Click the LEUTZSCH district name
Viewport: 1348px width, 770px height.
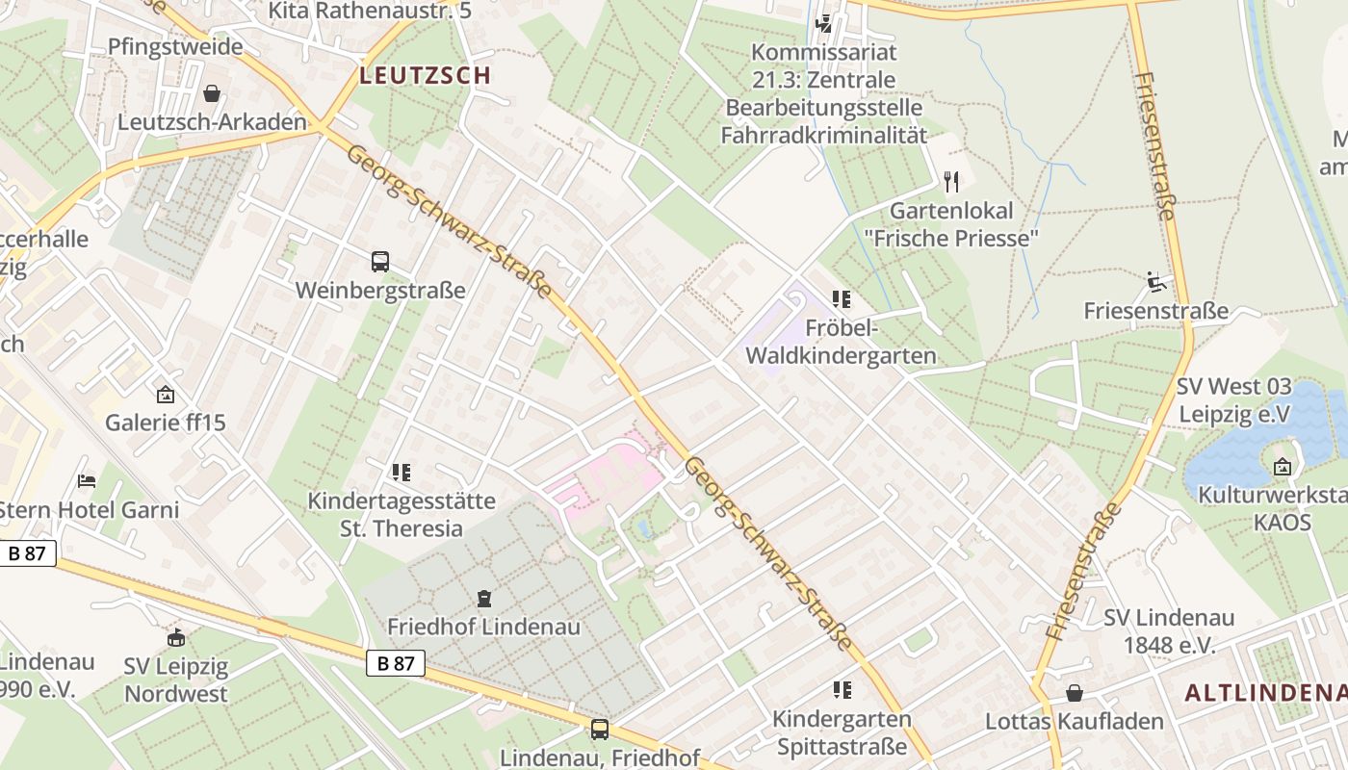[x=425, y=75]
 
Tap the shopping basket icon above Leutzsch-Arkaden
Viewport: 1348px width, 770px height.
[x=212, y=93]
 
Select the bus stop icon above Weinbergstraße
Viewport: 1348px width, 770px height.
[x=380, y=261]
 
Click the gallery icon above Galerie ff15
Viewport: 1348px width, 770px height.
[x=166, y=394]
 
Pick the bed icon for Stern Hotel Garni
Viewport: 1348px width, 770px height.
[x=87, y=480]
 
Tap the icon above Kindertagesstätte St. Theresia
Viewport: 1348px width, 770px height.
[x=402, y=472]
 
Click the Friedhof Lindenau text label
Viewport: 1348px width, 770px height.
[x=483, y=627]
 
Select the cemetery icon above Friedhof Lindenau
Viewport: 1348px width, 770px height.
[x=484, y=599]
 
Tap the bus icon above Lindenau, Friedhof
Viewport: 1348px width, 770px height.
[x=600, y=729]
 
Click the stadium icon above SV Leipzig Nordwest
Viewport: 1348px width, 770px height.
[x=176, y=637]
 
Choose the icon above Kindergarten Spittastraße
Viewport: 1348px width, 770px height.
[x=842, y=689]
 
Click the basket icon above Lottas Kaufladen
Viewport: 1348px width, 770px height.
[x=1075, y=693]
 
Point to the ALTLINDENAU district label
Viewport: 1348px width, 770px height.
[x=1265, y=692]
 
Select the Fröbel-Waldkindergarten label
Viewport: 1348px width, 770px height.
[x=841, y=342]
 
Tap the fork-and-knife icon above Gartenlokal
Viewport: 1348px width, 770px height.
[x=951, y=181]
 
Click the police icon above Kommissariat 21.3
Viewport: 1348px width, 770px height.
[x=824, y=22]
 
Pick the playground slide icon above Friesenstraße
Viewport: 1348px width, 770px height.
[x=1156, y=282]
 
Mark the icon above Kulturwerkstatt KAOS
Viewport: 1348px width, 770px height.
[x=1283, y=467]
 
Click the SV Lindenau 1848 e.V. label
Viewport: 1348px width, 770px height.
[x=1169, y=630]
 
